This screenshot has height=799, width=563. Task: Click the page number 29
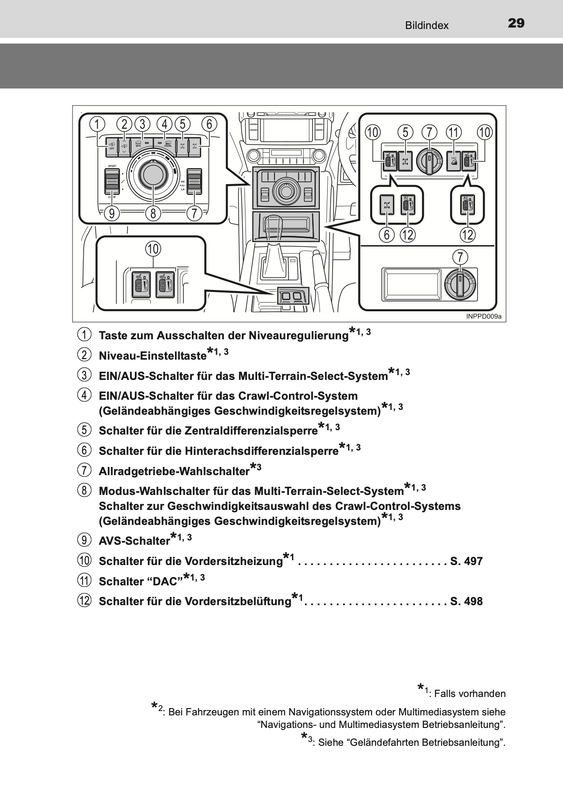pyautogui.click(x=516, y=23)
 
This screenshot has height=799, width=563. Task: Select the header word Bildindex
pyautogui.click(x=427, y=26)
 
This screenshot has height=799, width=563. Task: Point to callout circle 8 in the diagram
pyautogui.click(x=153, y=213)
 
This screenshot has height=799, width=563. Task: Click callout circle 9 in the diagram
pyautogui.click(x=112, y=213)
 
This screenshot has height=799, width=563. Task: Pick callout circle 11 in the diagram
pyautogui.click(x=453, y=131)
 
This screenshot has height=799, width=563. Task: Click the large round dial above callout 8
pyautogui.click(x=153, y=173)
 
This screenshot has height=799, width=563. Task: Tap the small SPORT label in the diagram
pyautogui.click(x=112, y=166)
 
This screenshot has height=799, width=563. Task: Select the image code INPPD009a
pyautogui.click(x=484, y=317)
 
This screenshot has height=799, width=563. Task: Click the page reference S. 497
pyautogui.click(x=466, y=561)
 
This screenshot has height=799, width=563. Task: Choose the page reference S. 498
pyautogui.click(x=466, y=601)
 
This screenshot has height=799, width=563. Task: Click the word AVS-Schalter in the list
pyautogui.click(x=134, y=541)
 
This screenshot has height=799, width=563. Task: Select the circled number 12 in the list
pyautogui.click(x=84, y=601)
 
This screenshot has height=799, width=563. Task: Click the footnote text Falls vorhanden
pyautogui.click(x=470, y=694)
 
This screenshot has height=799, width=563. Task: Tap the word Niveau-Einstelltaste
pyautogui.click(x=152, y=356)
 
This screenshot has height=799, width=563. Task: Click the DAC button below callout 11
pyautogui.click(x=453, y=161)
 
